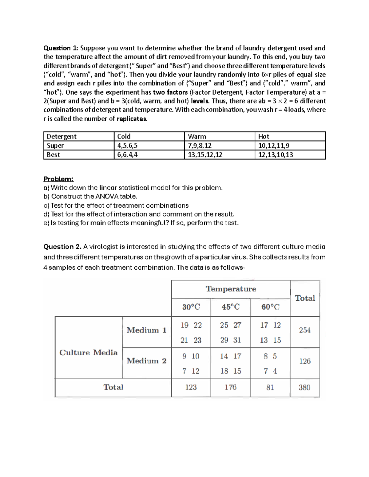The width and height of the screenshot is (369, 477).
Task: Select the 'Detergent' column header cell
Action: (x=61, y=136)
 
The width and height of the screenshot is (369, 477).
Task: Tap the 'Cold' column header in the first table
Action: (x=124, y=136)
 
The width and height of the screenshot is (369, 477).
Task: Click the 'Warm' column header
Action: (x=197, y=136)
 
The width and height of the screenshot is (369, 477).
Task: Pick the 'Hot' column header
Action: (x=264, y=136)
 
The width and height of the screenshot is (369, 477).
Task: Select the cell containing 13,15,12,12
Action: (x=205, y=155)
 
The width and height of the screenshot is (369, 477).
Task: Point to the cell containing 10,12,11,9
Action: (x=274, y=146)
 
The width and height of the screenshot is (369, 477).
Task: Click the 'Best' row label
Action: (x=54, y=155)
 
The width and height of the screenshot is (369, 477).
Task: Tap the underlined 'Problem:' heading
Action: (x=58, y=179)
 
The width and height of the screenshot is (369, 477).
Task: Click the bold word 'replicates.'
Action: (x=132, y=119)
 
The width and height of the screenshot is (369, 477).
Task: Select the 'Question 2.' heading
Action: (x=63, y=247)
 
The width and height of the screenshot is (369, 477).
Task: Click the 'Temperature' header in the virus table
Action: (x=231, y=289)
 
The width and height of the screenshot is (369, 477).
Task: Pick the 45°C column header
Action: (x=230, y=307)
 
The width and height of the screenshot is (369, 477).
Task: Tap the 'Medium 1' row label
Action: (x=146, y=330)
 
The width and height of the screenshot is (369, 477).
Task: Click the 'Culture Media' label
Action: (x=89, y=353)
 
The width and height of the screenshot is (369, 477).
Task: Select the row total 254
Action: (x=305, y=330)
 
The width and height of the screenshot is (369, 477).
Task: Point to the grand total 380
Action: (x=304, y=388)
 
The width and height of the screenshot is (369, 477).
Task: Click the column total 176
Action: (x=230, y=388)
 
